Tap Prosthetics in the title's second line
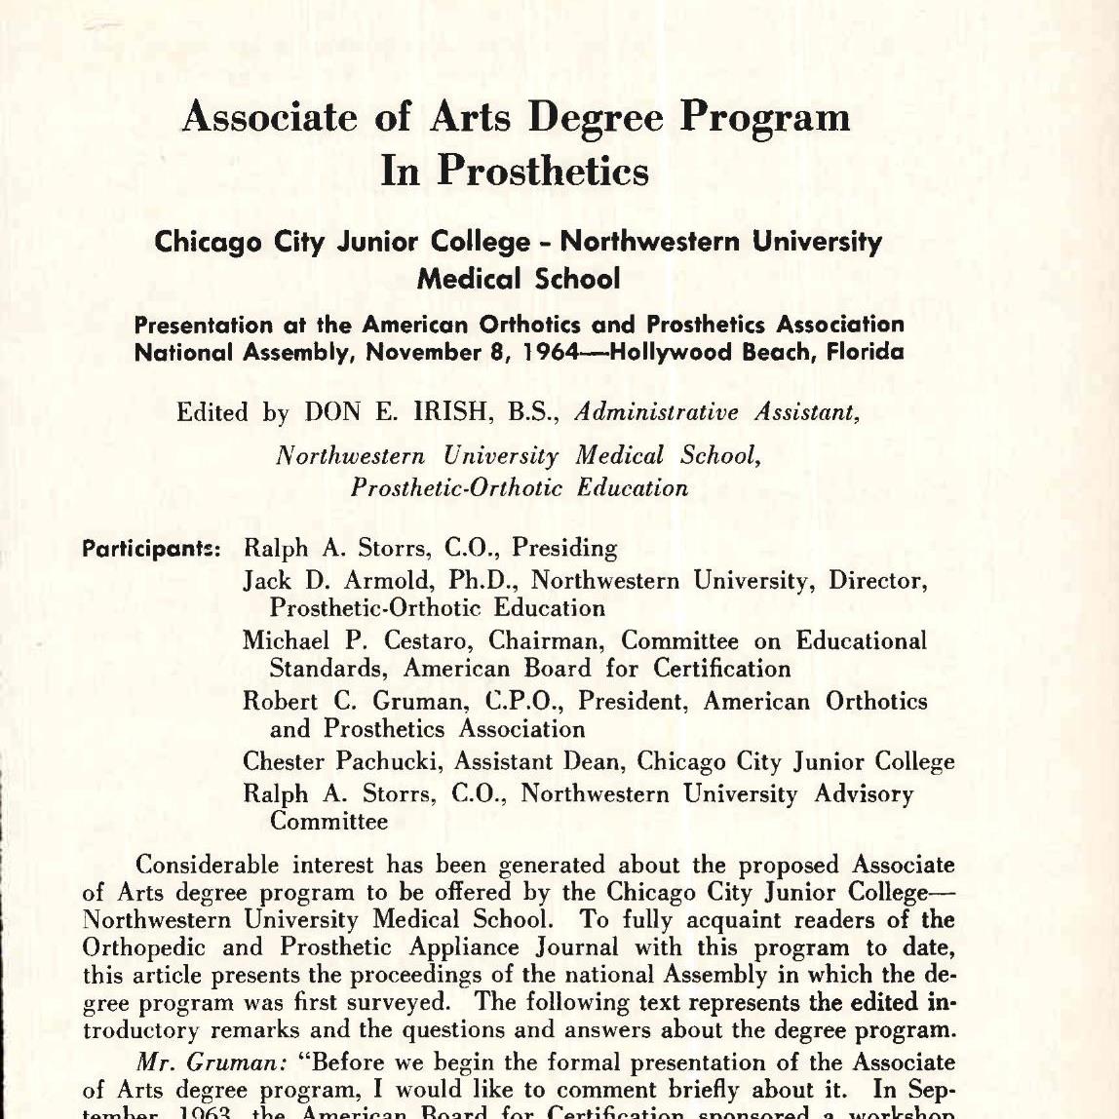(542, 172)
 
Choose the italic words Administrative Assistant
(717, 412)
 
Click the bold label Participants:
(152, 549)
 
